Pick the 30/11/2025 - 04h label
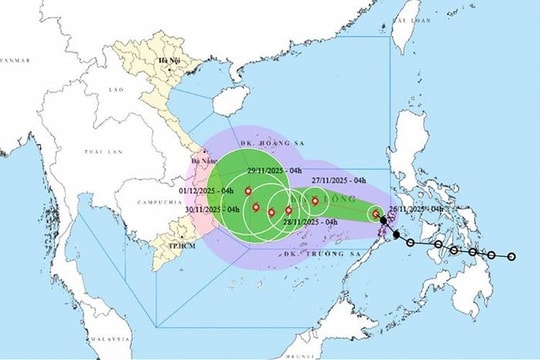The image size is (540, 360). click(x=213, y=209)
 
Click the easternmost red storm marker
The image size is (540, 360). click(x=376, y=213)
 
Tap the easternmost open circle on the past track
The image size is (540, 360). click(x=511, y=257)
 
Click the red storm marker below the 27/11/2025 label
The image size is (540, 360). click(x=315, y=201)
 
